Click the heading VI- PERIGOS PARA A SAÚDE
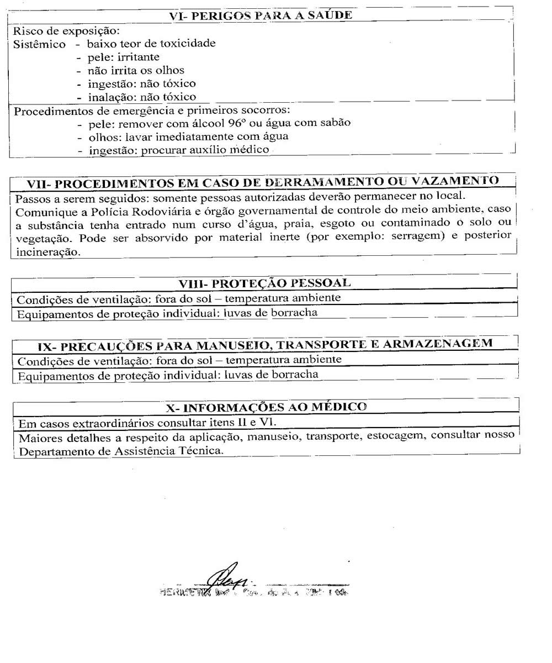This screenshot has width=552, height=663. click(x=260, y=15)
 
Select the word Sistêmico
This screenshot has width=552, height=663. click(x=39, y=44)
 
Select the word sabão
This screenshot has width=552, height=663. click(x=335, y=123)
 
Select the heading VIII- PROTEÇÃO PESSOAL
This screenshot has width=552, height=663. click(x=264, y=283)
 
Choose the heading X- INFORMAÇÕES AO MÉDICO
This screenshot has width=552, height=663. click(x=266, y=408)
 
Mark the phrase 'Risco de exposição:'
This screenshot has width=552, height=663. click(x=66, y=31)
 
